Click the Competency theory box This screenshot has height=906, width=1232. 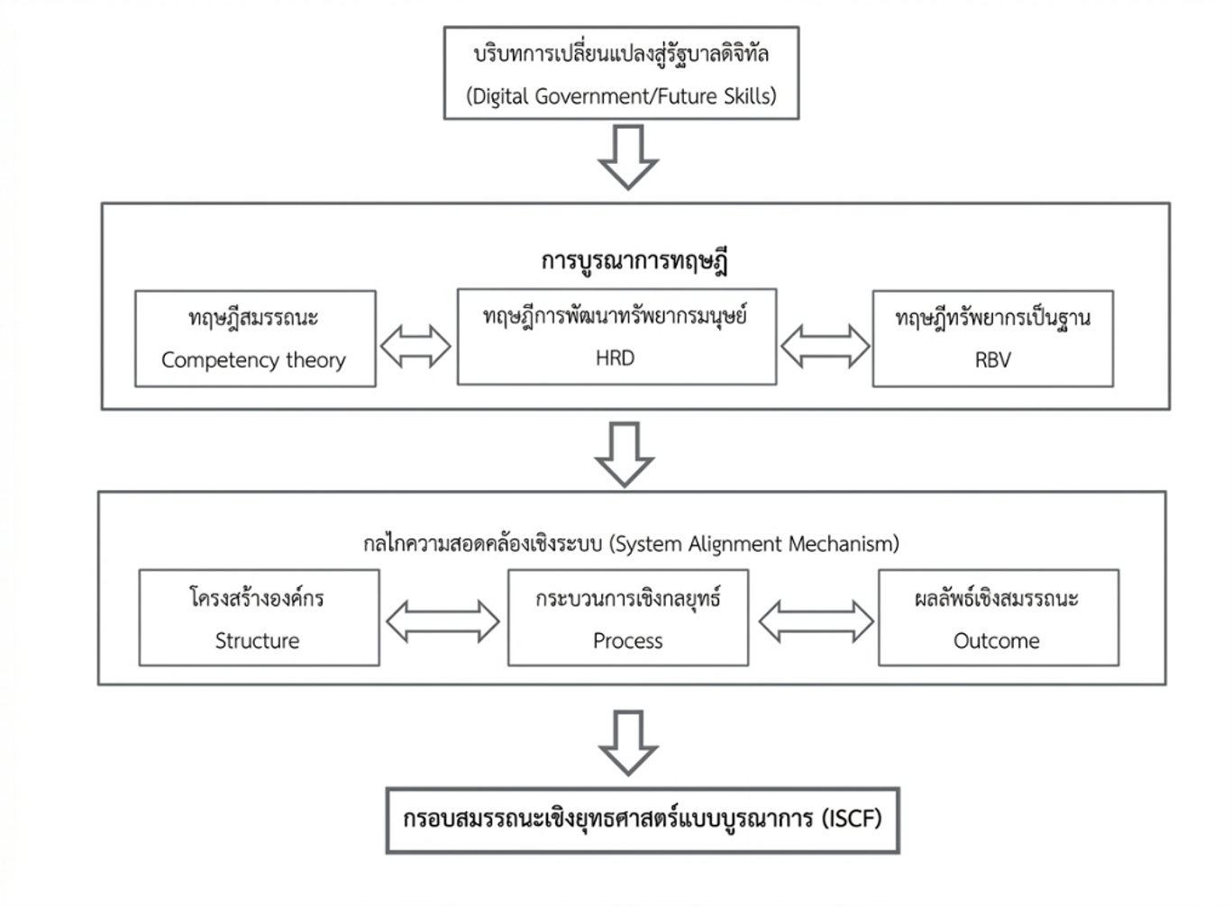click(x=255, y=339)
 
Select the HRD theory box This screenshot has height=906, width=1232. click(x=616, y=337)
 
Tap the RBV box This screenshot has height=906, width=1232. click(x=993, y=339)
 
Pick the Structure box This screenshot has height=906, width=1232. click(x=259, y=618)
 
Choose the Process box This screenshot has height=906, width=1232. click(x=628, y=618)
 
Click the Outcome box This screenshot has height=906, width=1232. click(x=999, y=618)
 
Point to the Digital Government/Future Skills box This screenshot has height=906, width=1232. click(x=622, y=73)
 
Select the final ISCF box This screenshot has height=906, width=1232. click(x=643, y=820)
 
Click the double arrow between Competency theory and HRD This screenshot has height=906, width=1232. click(x=415, y=347)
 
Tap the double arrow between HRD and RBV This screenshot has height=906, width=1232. click(x=825, y=347)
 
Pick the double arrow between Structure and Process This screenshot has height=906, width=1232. click(x=443, y=621)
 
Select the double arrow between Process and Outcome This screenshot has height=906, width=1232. click(x=817, y=621)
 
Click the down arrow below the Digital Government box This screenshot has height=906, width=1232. click(x=628, y=158)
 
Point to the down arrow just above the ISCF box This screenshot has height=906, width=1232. click(x=628, y=743)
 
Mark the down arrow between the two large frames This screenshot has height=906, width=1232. click(x=625, y=455)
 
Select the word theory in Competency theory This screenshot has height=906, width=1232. click(x=315, y=360)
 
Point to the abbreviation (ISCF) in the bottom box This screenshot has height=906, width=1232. click(x=852, y=819)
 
